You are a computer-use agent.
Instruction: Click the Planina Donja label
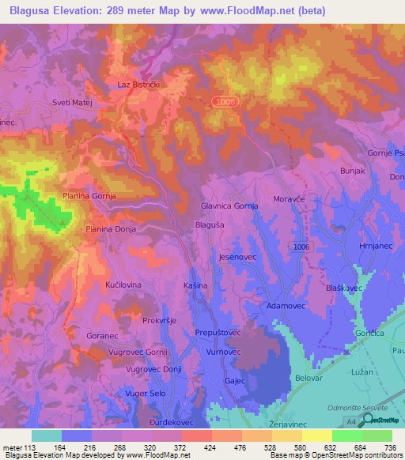[x=111, y=228]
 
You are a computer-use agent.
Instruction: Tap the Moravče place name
[x=288, y=200]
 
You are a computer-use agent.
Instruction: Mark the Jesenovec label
[x=237, y=258]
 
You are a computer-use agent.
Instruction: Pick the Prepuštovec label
[x=218, y=334]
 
